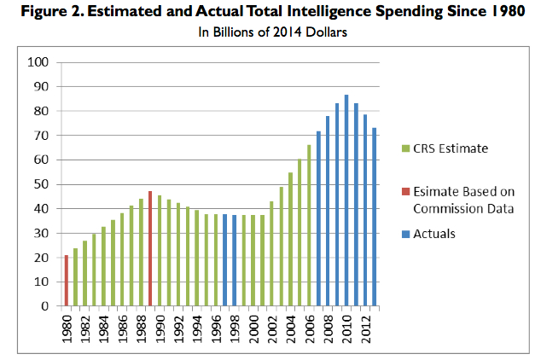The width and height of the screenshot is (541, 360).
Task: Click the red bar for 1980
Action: pos(67,280)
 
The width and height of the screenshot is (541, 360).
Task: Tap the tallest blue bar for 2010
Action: pos(346,200)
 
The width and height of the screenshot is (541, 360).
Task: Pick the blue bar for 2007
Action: pos(318,218)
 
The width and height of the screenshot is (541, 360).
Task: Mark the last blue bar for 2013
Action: pos(374,217)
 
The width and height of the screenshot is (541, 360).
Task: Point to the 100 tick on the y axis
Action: pos(39,62)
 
